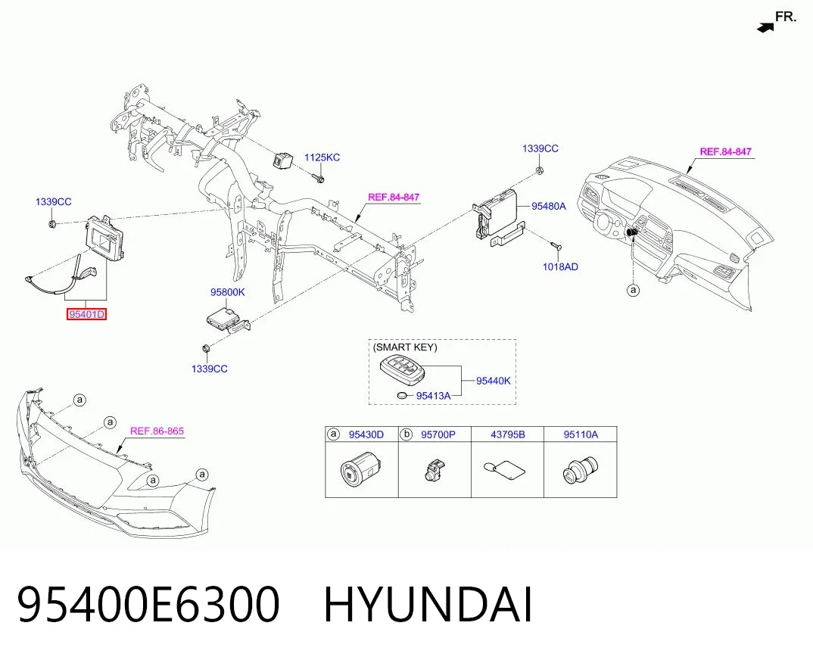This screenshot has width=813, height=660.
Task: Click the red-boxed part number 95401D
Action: pos(86,314)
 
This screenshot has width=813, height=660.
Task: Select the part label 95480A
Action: pos(549,207)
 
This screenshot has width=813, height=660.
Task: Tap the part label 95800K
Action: pos(228,292)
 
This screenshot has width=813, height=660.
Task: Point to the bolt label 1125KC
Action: pos(322,157)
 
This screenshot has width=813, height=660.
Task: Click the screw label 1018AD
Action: pos(560,267)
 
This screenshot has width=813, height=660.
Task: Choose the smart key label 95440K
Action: pos(494,381)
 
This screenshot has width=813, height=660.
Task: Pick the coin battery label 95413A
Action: pos(434,396)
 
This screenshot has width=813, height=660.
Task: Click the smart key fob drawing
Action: pos(402,370)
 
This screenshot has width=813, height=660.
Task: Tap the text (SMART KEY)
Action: pos(405,347)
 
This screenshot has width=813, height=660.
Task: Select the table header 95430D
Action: pos(366,434)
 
